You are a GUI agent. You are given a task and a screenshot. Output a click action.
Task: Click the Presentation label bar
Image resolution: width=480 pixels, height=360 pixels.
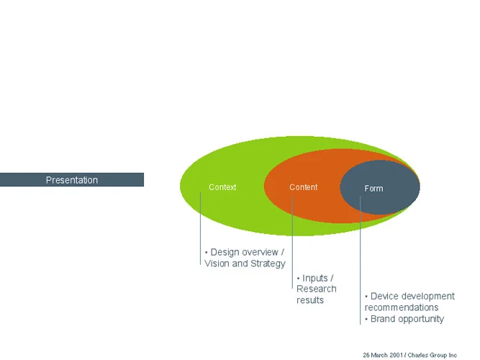point(72,180)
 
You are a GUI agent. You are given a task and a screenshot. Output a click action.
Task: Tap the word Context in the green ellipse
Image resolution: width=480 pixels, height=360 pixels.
point(222,187)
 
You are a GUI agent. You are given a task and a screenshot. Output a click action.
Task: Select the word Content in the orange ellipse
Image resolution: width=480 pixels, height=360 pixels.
point(303,187)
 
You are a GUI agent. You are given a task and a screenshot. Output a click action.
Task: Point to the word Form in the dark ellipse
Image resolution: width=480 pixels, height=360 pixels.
point(373,189)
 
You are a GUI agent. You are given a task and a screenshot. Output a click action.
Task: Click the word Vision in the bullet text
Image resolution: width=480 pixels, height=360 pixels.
point(217,264)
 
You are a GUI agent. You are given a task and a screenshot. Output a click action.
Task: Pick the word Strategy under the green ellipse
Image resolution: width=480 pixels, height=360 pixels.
point(268,264)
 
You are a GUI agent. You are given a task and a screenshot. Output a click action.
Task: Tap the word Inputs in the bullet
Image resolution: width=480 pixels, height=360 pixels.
point(316,278)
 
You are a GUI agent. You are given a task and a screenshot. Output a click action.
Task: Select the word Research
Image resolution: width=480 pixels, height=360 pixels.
point(317,289)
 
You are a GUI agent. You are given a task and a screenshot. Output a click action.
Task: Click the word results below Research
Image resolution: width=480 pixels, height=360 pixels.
point(310,300)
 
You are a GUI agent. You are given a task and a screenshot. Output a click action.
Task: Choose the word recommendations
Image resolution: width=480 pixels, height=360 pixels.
point(402,307)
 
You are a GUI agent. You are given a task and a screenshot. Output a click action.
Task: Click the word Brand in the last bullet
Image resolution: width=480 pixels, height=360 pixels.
point(383,319)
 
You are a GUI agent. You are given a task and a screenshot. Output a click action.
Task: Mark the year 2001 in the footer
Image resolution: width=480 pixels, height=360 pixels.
point(394,355)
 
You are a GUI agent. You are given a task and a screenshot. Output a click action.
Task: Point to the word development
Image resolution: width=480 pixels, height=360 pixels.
point(429,296)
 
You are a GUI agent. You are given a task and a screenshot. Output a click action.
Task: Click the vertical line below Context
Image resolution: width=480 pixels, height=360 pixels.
point(201,230)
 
